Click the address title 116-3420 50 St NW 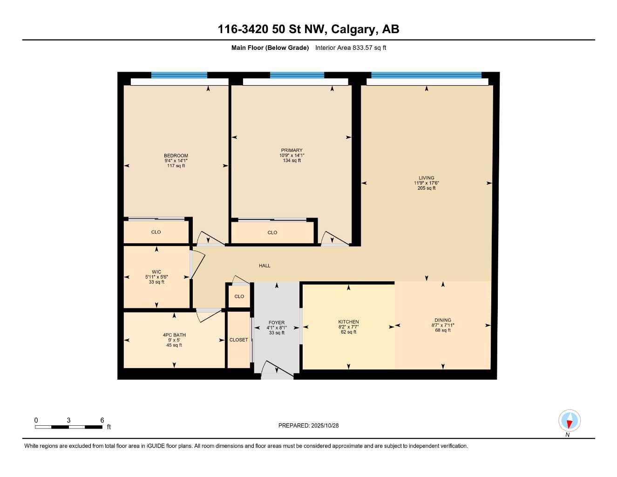(308, 29)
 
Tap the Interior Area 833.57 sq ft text (351, 48)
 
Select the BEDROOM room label (176, 156)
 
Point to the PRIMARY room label (292, 150)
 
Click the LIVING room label (426, 178)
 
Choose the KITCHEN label (348, 322)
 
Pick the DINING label (442, 320)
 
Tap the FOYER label (277, 322)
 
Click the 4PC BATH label (174, 335)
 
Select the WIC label (156, 272)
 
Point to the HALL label (264, 266)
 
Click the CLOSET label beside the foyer (238, 340)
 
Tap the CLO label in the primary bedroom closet (272, 232)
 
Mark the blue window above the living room (426, 75)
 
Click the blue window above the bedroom (179, 75)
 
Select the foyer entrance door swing (277, 369)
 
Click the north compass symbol (569, 421)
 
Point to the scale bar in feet (68, 427)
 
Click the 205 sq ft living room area (427, 188)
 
